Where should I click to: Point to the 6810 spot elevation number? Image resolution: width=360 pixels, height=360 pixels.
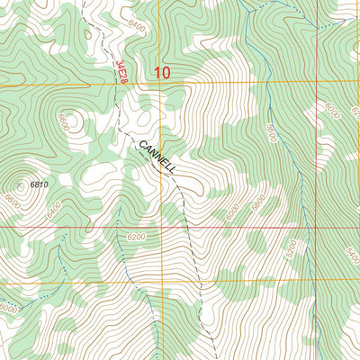38,184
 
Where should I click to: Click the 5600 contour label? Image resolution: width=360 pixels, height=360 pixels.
272,129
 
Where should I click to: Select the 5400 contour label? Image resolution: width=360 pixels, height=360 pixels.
352,244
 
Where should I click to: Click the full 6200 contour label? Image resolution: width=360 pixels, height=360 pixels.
136,238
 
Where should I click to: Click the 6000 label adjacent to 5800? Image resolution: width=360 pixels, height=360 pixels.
233,212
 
